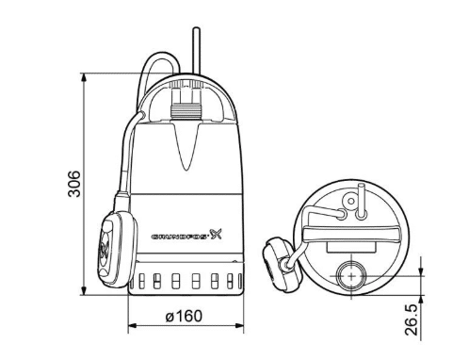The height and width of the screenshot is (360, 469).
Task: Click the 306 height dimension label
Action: pyautogui.click(x=74, y=184)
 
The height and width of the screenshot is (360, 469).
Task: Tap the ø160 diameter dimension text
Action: pyautogui.click(x=184, y=316)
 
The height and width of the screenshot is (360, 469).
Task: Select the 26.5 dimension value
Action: pyautogui.click(x=412, y=320)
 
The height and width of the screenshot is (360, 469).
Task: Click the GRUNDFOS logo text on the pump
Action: pyautogui.click(x=179, y=237)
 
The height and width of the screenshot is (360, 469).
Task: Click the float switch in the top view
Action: pyautogui.click(x=279, y=262)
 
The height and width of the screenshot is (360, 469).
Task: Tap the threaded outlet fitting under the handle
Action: pyautogui.click(x=186, y=112)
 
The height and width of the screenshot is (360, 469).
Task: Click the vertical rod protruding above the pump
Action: pyautogui.click(x=197, y=50)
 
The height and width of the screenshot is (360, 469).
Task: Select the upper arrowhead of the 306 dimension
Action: pyautogui.click(x=84, y=77)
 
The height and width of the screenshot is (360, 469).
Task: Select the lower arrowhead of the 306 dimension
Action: pyautogui.click(x=84, y=290)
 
